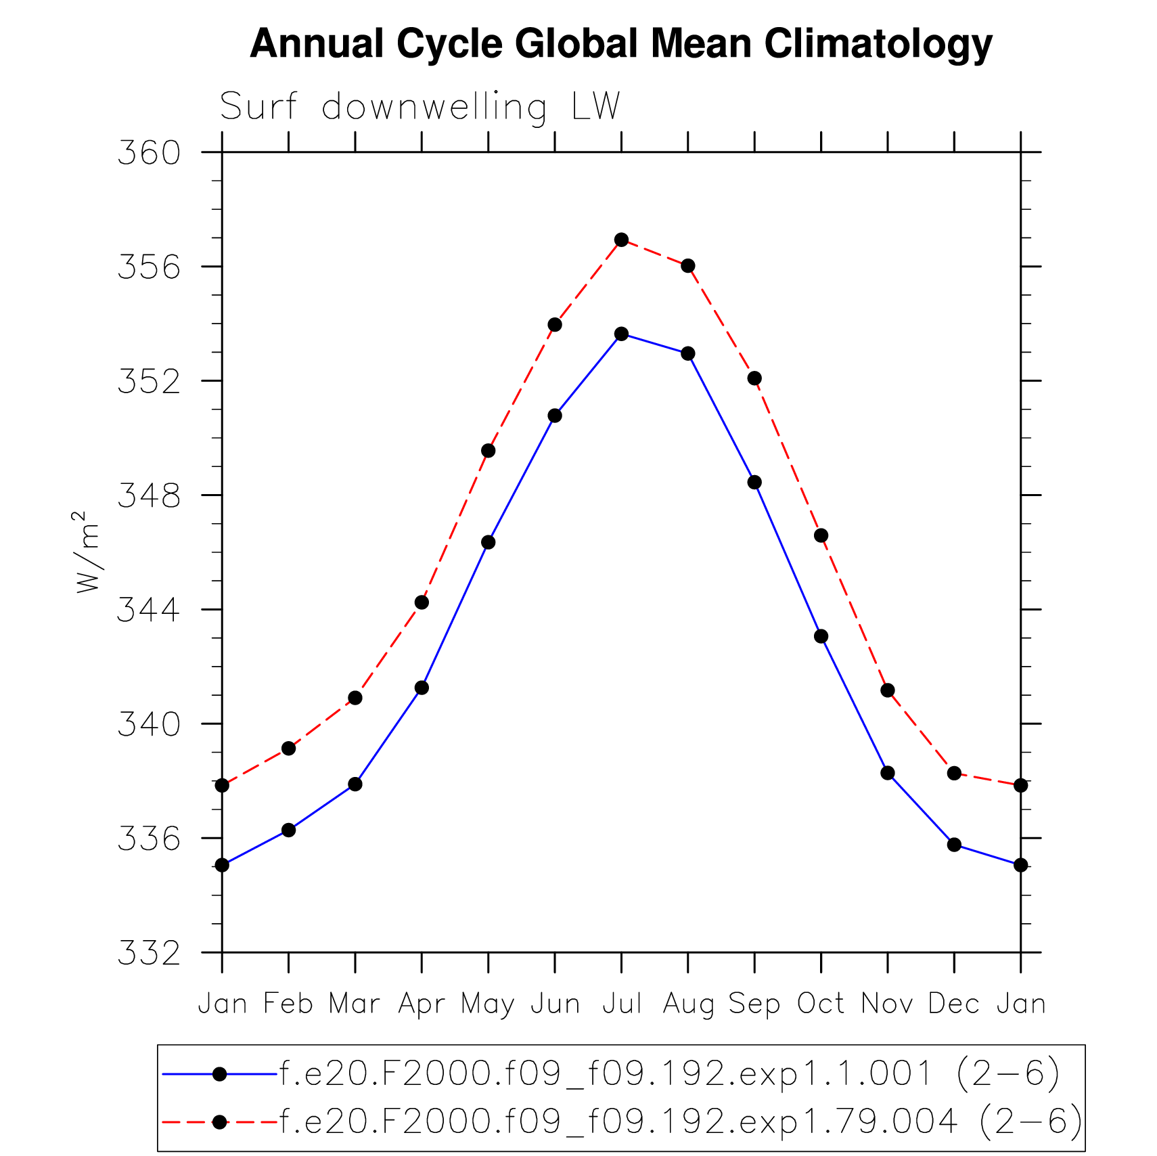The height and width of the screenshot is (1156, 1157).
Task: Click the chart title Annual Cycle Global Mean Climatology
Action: pyautogui.click(x=620, y=44)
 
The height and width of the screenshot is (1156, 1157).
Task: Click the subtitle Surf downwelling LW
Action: pyautogui.click(x=419, y=107)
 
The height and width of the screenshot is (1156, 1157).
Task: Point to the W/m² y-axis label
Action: pyautogui.click(x=88, y=552)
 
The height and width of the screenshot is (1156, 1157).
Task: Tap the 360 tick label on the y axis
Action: pyautogui.click(x=150, y=153)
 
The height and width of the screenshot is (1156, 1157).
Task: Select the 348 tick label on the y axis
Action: pyautogui.click(x=150, y=495)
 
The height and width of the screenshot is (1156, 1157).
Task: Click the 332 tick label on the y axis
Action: pyautogui.click(x=150, y=953)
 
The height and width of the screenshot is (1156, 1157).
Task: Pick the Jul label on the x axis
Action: pyautogui.click(x=622, y=1003)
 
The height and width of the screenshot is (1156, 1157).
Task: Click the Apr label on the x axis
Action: pyautogui.click(x=422, y=1003)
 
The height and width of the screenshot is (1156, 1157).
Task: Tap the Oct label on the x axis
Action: pyautogui.click(x=821, y=1003)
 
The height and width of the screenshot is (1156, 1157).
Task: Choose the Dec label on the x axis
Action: pyautogui.click(x=954, y=1003)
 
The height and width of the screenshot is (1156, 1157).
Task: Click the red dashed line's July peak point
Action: pyautogui.click(x=622, y=240)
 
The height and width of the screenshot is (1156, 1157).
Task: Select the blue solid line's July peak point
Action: pyautogui.click(x=622, y=334)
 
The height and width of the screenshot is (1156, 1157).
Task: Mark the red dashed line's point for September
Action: pyautogui.click(x=754, y=378)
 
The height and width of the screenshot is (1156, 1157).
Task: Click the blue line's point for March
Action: pyautogui.click(x=355, y=784)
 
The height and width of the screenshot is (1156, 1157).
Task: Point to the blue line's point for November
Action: pyautogui.click(x=888, y=773)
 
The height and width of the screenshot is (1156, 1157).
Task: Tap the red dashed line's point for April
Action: pyautogui.click(x=422, y=602)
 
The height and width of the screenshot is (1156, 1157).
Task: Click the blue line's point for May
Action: pyautogui.click(x=489, y=542)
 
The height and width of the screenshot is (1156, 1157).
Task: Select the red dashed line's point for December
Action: pyautogui.click(x=954, y=773)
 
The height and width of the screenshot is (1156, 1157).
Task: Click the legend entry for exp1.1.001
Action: pyautogui.click(x=669, y=1073)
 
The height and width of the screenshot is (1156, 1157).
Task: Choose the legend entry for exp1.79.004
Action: pyautogui.click(x=680, y=1121)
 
